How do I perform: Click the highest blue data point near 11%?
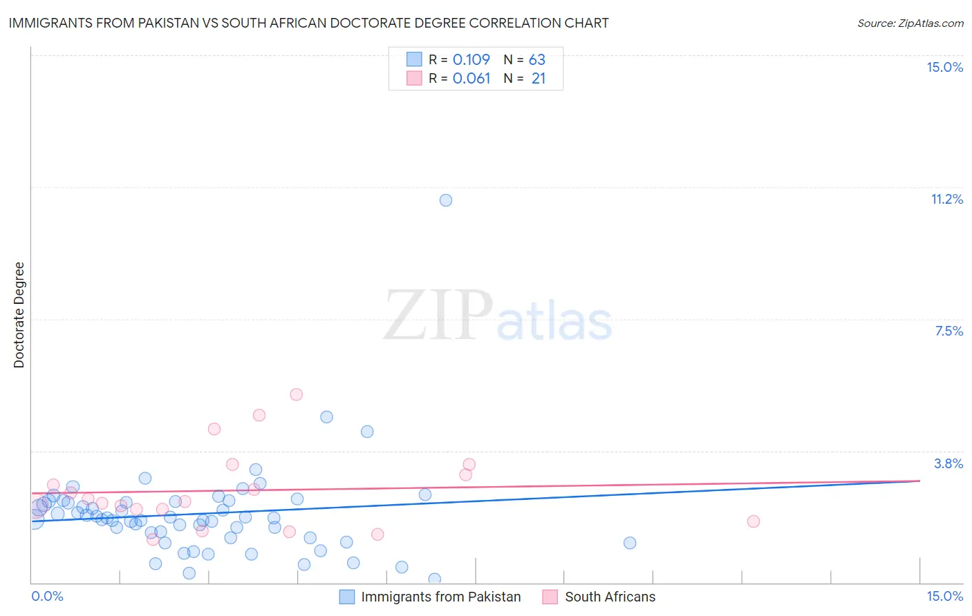tap(446, 200)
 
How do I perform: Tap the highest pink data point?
tap(297, 394)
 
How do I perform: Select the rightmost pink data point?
tap(754, 521)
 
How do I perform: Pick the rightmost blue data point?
tap(630, 543)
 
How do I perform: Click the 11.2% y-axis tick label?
tap(946, 200)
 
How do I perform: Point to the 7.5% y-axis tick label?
tap(948, 331)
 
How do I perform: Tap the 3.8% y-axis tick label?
tap(948, 463)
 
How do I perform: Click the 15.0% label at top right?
tap(944, 67)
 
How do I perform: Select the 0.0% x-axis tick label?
tap(47, 597)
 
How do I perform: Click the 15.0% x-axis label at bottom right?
tap(944, 597)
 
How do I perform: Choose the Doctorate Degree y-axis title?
tap(19, 315)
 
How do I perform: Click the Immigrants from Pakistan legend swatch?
tap(347, 597)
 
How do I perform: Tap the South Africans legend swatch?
tap(550, 597)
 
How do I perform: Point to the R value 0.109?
tap(471, 60)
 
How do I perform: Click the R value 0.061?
tap(471, 79)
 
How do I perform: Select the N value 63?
tap(537, 60)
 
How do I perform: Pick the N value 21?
tap(539, 79)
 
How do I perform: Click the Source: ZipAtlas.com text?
tap(910, 23)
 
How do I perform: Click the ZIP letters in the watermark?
tap(438, 316)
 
